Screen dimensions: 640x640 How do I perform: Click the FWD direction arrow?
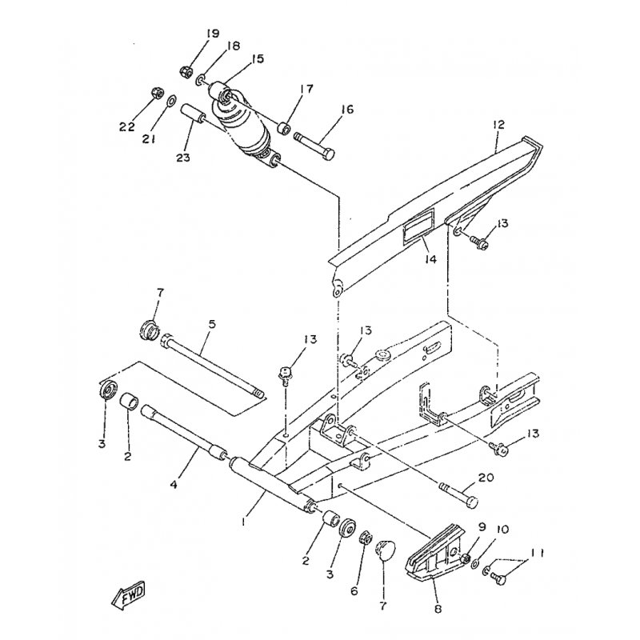[x=129, y=595]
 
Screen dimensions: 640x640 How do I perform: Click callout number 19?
[x=212, y=34]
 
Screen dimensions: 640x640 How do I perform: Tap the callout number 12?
[x=498, y=125]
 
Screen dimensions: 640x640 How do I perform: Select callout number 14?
[x=430, y=258]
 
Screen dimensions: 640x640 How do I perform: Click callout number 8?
[x=438, y=609]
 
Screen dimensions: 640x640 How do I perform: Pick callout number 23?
[x=183, y=157]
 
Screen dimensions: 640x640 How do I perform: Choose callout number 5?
[x=212, y=325]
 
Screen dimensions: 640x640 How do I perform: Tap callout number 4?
[x=174, y=485]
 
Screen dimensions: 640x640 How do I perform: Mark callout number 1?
[x=243, y=521]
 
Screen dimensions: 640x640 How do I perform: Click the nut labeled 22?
[x=158, y=92]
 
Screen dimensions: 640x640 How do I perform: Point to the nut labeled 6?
[x=365, y=538]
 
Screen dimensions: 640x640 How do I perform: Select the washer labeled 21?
[x=172, y=99]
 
